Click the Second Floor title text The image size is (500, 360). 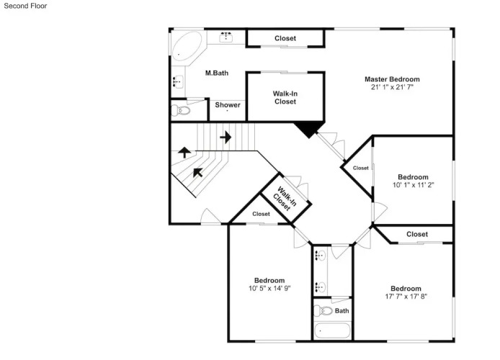click(x=25, y=6)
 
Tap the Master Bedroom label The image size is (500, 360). click(x=392, y=79)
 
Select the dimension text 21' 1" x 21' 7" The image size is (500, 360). click(x=392, y=87)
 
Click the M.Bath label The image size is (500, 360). click(x=217, y=73)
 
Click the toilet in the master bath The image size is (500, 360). click(x=181, y=111)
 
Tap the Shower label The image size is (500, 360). click(x=228, y=105)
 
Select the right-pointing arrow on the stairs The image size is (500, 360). click(x=226, y=137)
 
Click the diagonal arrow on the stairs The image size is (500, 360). click(x=197, y=173)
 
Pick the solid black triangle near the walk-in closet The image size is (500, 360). click(x=308, y=129)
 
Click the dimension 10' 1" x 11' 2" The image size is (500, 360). click(x=413, y=185)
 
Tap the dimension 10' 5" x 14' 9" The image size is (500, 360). click(x=269, y=288)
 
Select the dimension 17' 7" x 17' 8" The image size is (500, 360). click(x=406, y=297)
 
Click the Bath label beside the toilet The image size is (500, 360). click(x=341, y=310)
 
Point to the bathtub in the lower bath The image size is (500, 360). click(x=332, y=330)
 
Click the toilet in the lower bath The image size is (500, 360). click(x=323, y=310)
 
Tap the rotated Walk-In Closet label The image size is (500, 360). click(x=285, y=199)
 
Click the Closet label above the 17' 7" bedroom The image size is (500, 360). click(x=416, y=234)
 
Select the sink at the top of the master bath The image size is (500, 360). click(x=226, y=37)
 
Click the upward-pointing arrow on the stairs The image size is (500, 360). click(x=184, y=153)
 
